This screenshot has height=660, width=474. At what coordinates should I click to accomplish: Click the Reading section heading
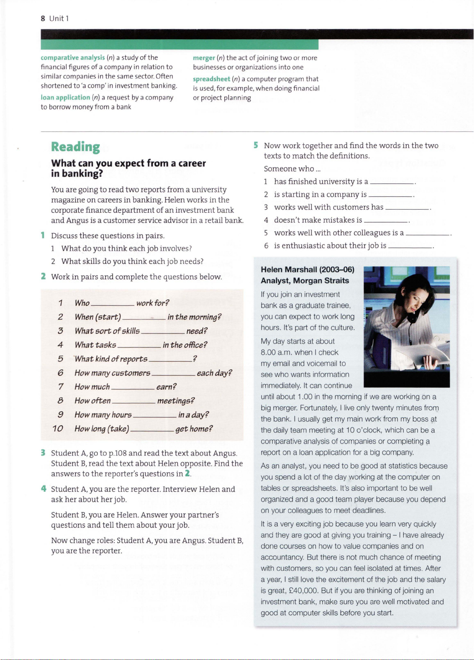coord(76,147)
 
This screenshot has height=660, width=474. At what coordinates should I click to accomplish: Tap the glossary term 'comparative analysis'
coord(73,58)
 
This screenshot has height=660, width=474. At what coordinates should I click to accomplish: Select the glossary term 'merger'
coord(204,58)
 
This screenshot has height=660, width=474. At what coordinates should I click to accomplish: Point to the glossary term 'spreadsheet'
coord(211,79)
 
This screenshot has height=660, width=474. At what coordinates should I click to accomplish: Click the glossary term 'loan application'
coord(65,97)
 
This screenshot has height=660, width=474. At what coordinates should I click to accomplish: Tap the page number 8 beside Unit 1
coord(43,18)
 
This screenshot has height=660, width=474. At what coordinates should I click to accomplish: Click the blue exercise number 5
coord(256,145)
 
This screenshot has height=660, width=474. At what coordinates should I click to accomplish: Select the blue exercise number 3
coord(43,453)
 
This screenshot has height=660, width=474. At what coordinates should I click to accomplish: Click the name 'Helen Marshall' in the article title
coord(288,269)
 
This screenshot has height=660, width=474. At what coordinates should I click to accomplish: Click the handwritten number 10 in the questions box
coord(58,429)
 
